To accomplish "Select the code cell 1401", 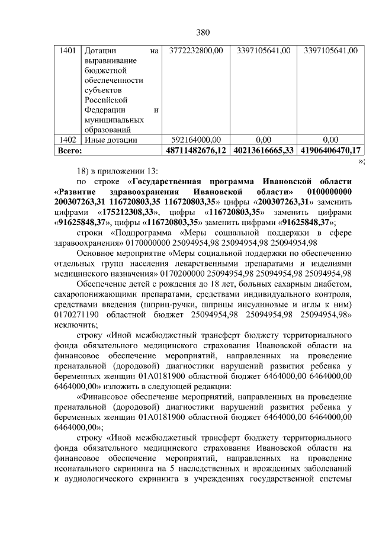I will pyautogui.click(x=68, y=51).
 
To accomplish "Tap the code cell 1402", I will pyautogui.click(x=68, y=140).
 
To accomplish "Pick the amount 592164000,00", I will pyautogui.click(x=195, y=140).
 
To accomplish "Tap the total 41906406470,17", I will pyautogui.click(x=330, y=151).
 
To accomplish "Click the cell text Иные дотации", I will pyautogui.click(x=111, y=140).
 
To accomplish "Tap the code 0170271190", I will pyautogui.click(x=76, y=314).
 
